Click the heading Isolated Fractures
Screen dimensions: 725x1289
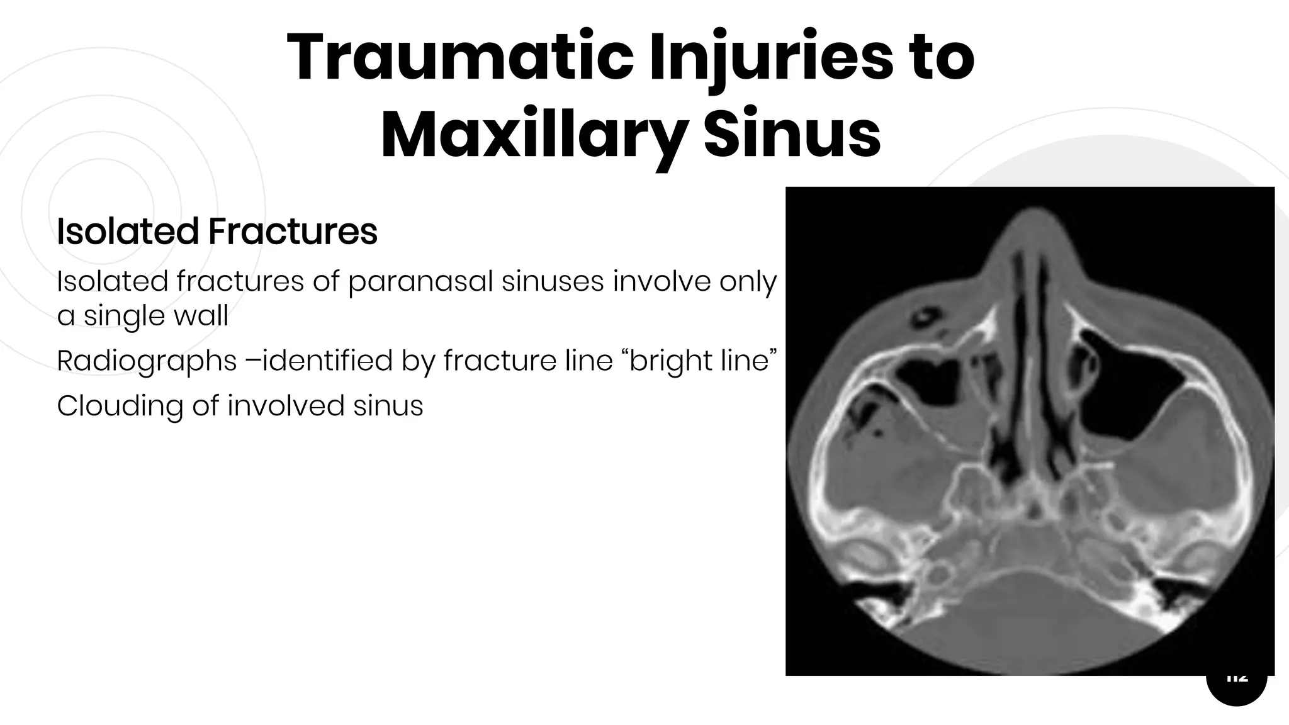pos(217,231)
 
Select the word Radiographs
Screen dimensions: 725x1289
pos(147,361)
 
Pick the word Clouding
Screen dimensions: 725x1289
pos(119,406)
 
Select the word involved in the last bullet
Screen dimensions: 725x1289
pos(286,406)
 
